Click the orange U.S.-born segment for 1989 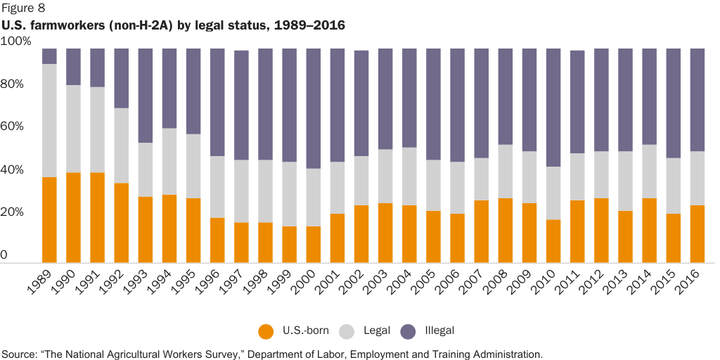[x=49, y=219]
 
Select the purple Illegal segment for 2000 [x=314, y=109]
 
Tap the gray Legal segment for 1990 [x=73, y=129]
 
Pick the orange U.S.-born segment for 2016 [x=697, y=233]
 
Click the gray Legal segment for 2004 [x=409, y=176]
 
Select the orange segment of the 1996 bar [x=217, y=240]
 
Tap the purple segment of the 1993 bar [x=146, y=96]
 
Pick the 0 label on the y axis [x=4, y=256]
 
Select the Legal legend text [x=376, y=330]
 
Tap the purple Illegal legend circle [x=409, y=330]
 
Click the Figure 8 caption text [x=24, y=9]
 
